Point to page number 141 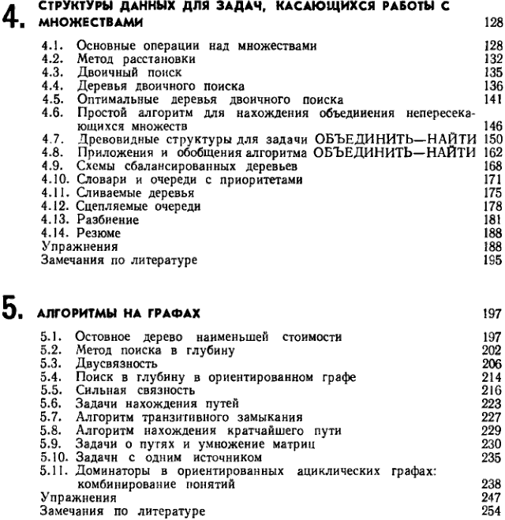(x=490, y=100)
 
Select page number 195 (x=490, y=256)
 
